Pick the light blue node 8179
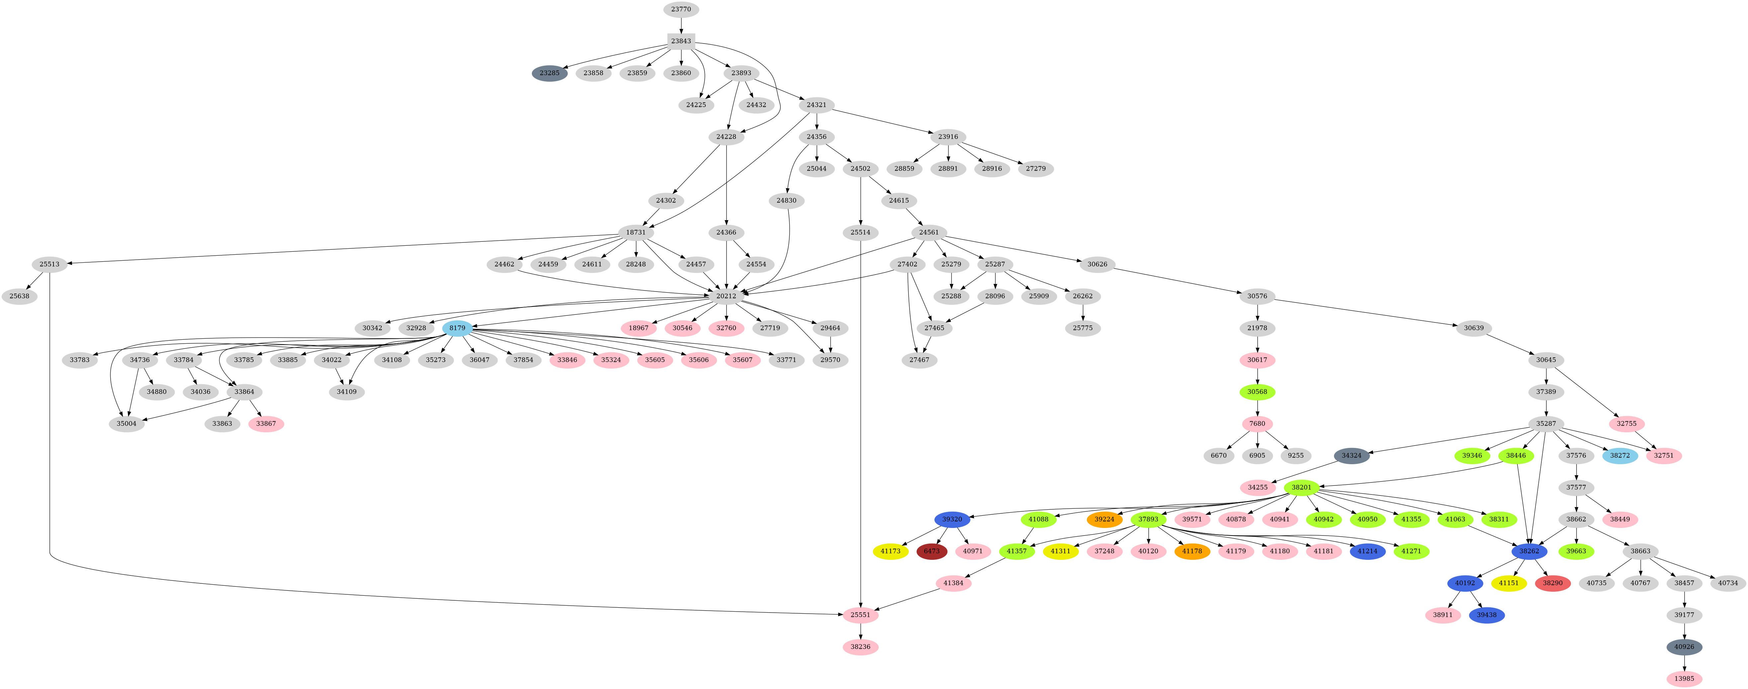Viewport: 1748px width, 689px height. (457, 328)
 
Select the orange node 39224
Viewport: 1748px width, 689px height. (1104, 519)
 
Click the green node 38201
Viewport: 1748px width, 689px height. (1301, 487)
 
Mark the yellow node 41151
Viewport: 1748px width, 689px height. (1508, 583)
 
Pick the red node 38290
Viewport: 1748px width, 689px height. (1553, 583)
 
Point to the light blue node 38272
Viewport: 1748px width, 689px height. (1620, 456)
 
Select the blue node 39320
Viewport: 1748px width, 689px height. (952, 519)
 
